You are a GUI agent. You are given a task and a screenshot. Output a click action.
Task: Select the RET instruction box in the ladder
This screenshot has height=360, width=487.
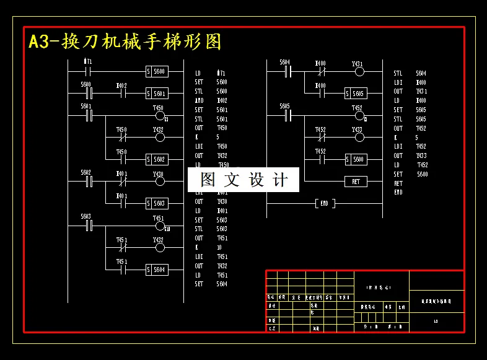click(x=356, y=182)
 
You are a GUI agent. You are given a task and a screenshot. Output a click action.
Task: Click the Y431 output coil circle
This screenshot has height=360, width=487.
click(x=359, y=72)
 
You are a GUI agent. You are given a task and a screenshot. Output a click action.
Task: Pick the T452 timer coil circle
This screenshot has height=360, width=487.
click(x=359, y=115)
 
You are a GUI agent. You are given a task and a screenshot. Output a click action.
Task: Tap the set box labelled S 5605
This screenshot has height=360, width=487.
click(x=356, y=94)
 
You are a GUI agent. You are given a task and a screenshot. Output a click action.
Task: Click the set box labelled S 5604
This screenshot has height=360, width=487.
click(x=156, y=270)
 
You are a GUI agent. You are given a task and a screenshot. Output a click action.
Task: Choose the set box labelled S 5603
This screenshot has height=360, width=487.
click(x=156, y=203)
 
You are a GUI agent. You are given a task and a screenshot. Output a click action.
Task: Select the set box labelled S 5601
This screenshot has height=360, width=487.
click(x=156, y=94)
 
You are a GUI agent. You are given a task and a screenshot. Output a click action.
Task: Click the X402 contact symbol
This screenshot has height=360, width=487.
click(x=122, y=94)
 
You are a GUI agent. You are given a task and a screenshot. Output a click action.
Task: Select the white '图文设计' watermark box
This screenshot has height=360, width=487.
click(x=243, y=180)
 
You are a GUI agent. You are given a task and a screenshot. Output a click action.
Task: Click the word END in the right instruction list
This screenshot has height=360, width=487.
click(x=398, y=193)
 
